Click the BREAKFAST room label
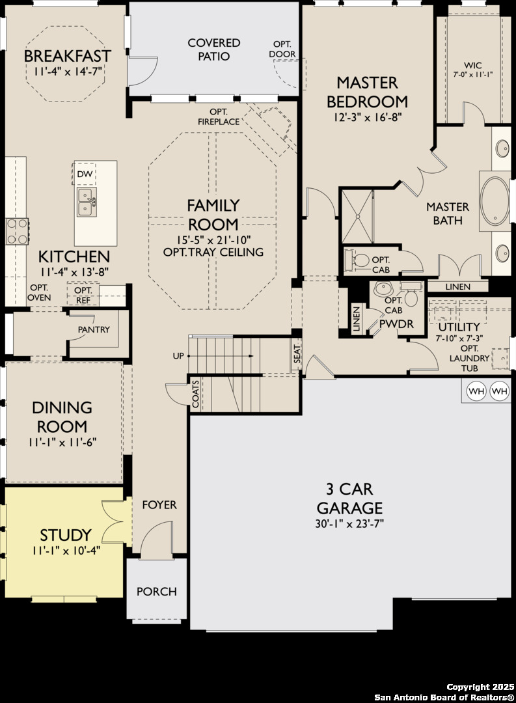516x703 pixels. point(67,56)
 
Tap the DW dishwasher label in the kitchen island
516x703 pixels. point(85,174)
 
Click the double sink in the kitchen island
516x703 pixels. point(87,202)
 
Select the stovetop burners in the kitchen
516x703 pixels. point(17,231)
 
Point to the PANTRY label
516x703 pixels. point(94,329)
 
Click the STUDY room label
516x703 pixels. point(66,535)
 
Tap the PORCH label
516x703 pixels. point(156,592)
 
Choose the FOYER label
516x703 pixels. point(159,505)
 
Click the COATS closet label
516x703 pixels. point(195,394)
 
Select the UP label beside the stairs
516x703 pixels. point(178,356)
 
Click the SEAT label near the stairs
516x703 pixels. point(297,355)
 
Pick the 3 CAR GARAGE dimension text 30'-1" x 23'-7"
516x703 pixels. point(349,523)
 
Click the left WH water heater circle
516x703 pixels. point(476,391)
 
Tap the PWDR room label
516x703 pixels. point(396,324)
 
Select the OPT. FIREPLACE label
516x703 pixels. point(219,117)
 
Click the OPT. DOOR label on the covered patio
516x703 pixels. point(282,49)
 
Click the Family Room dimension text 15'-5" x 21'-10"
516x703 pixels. point(213,240)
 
